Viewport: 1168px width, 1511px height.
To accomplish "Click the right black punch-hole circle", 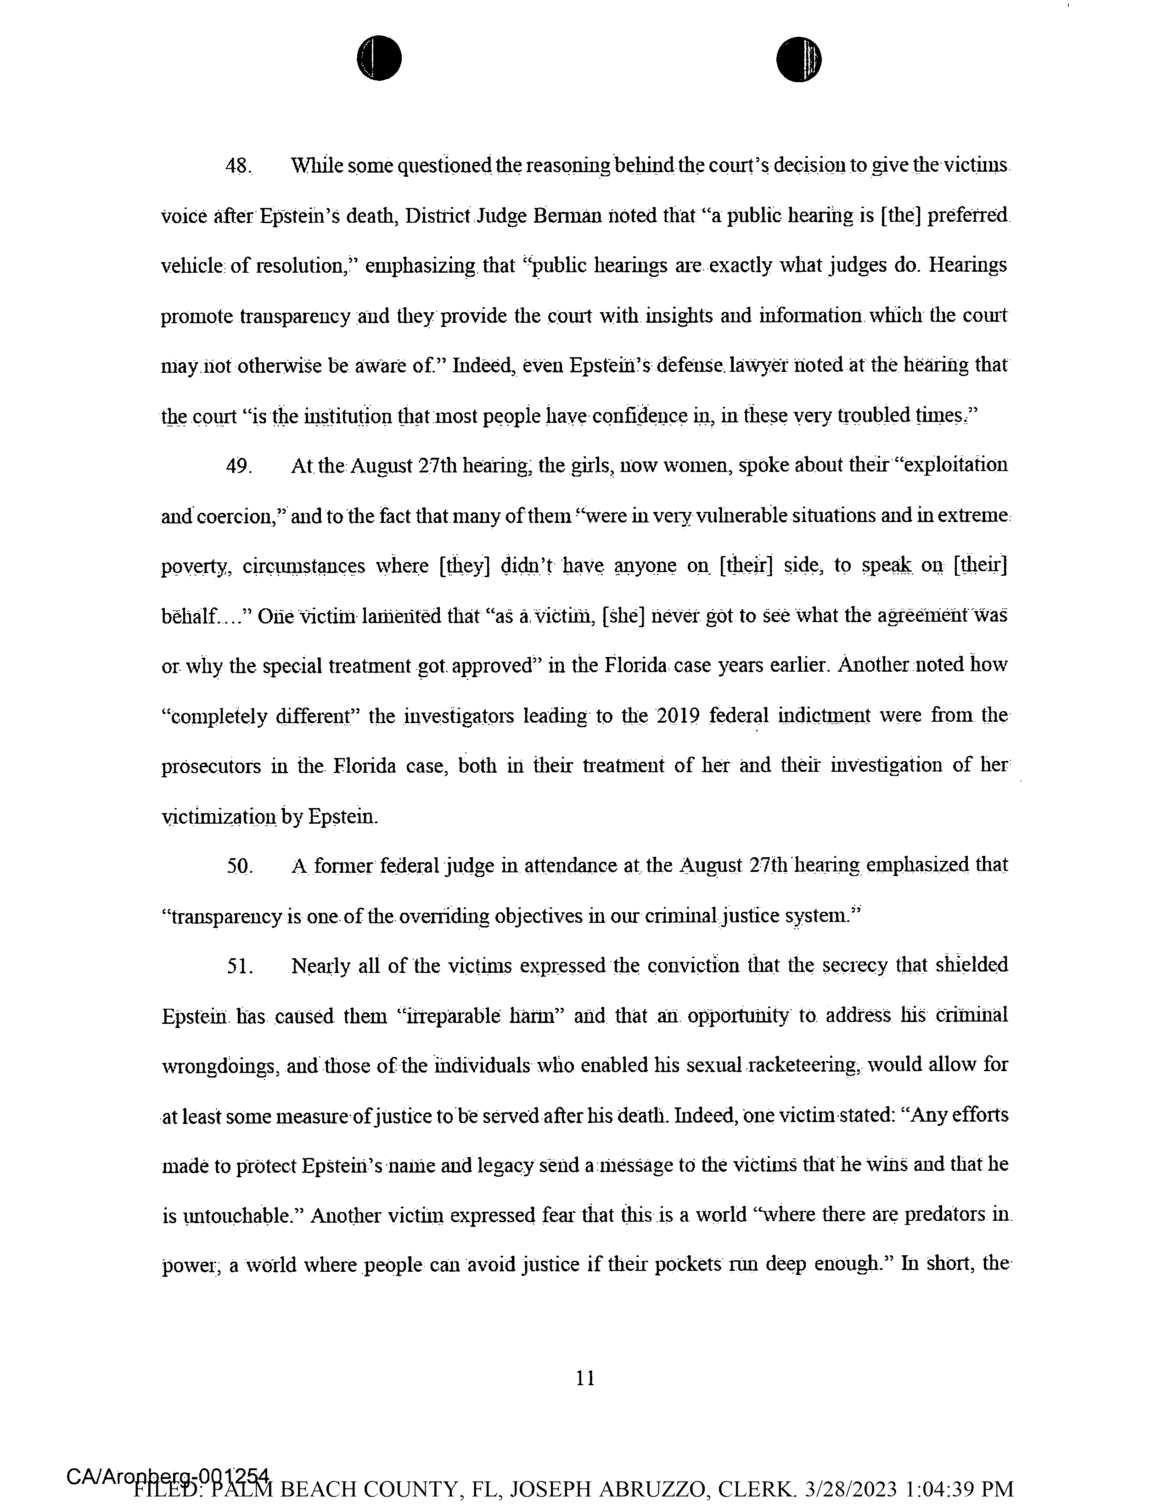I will tap(798, 58).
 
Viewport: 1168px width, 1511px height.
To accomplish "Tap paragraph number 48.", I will tap(239, 167).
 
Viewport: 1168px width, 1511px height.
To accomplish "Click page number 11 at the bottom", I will tap(585, 1378).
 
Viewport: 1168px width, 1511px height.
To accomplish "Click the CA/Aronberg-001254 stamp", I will tap(169, 1476).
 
